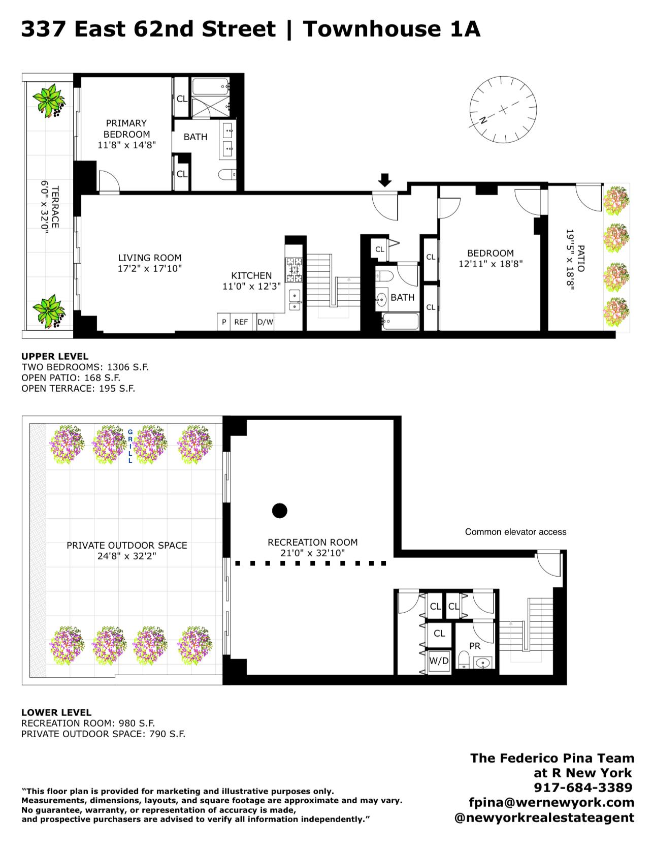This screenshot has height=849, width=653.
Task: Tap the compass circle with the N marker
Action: pos(503,109)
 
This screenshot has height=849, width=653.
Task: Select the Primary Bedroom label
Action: pos(126,129)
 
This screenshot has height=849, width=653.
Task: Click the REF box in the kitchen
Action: pos(241,322)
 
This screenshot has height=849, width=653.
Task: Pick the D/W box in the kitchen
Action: pos(265,322)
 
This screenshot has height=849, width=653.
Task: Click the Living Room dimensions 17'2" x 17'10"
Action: pos(150,269)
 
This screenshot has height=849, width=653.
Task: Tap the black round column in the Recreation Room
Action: pos(279,510)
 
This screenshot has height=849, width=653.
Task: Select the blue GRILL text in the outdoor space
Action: pos(130,446)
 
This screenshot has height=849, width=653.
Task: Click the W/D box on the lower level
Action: pos(439,661)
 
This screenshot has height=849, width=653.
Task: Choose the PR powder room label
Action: pos(475,646)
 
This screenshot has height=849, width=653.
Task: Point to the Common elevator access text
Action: pos(515,532)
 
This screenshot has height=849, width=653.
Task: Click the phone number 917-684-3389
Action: pos(583,788)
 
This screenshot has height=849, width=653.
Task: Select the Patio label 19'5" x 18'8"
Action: pos(575,259)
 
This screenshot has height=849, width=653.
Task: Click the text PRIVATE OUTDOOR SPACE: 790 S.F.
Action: pos(103,734)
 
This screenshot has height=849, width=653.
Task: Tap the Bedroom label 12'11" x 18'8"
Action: pos(491,259)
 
